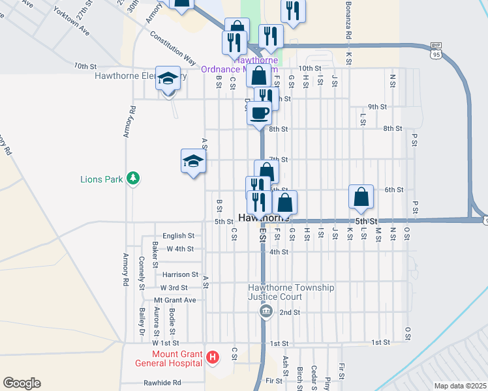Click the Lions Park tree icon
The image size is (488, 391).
click(x=133, y=178)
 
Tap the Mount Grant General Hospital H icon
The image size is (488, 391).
click(x=212, y=357)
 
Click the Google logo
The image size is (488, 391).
click(x=22, y=383)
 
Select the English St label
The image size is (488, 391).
click(x=179, y=235)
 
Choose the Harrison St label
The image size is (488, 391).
click(x=180, y=274)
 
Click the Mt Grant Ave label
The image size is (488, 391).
click(x=174, y=300)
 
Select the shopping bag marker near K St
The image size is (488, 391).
click(x=361, y=196)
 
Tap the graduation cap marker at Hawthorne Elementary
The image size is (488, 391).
click(x=168, y=80)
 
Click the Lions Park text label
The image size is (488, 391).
click(x=101, y=179)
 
